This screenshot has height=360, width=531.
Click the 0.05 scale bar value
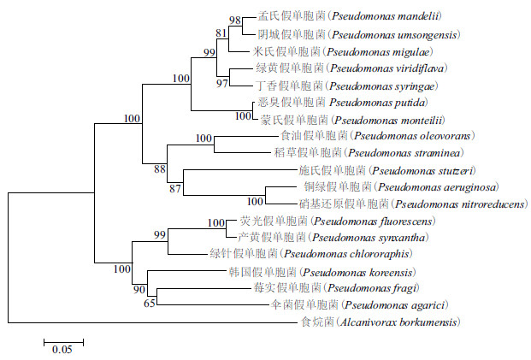(x=62, y=350)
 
